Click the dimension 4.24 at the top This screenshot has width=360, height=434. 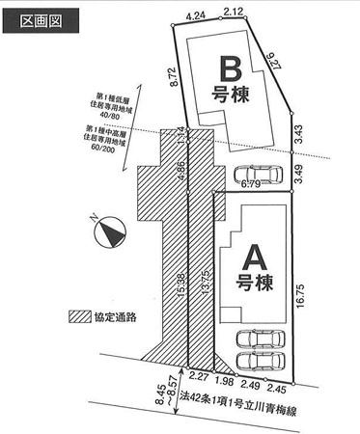point(199,16)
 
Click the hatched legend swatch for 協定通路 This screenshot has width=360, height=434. point(78,316)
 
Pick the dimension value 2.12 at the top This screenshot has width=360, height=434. point(232,13)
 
